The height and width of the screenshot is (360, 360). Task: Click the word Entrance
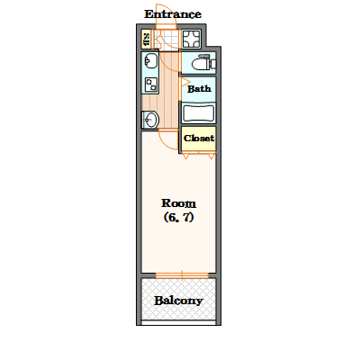[173, 14]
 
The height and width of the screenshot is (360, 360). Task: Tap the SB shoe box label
[147, 40]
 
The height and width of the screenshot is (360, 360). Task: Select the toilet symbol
[203, 62]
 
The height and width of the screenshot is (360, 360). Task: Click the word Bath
[199, 89]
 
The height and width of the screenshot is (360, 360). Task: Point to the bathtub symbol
[199, 112]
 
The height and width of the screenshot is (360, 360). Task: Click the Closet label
[199, 138]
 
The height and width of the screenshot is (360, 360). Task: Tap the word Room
[178, 203]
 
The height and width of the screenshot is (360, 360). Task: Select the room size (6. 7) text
[178, 217]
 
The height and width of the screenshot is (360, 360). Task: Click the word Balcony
[178, 301]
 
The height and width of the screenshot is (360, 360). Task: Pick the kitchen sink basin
[150, 61]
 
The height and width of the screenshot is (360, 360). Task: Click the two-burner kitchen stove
[150, 85]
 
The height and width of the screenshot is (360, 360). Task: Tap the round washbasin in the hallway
[150, 120]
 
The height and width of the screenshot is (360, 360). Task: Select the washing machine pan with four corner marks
[191, 39]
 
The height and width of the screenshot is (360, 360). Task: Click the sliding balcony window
[182, 275]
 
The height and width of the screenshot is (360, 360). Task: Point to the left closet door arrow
[185, 156]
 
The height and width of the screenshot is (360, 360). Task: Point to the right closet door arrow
[211, 156]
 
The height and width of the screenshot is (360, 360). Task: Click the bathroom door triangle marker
[184, 82]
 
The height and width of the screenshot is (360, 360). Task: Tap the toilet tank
[213, 64]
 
